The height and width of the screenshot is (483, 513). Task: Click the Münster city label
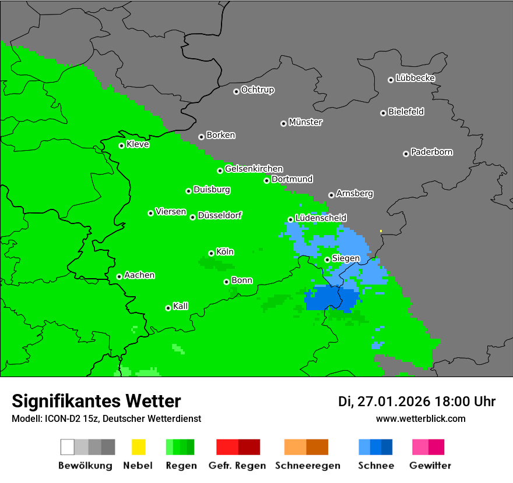[x=305, y=122]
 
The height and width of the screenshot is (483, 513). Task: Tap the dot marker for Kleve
[x=121, y=145]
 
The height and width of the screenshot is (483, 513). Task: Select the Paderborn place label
[x=431, y=152]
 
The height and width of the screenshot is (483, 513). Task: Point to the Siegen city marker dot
[x=327, y=260]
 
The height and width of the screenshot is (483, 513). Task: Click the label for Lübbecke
[x=415, y=78]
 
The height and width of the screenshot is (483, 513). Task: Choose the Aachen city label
[x=139, y=275]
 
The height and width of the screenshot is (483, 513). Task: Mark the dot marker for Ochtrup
[x=236, y=91]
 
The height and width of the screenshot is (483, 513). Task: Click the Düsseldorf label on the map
[x=220, y=215]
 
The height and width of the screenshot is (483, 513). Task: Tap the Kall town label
[x=181, y=306]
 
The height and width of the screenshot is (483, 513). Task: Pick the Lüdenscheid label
[x=321, y=218]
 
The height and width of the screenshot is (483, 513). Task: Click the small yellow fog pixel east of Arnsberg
[x=381, y=231]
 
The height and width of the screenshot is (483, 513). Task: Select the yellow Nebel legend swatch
[x=138, y=447]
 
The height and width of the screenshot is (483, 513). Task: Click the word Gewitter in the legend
[x=430, y=466]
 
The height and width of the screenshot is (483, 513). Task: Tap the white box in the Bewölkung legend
[x=68, y=447]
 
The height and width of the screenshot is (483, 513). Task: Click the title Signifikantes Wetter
[x=96, y=401]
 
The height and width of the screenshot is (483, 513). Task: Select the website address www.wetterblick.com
[x=420, y=418]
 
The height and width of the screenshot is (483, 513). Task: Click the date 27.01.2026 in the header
[x=392, y=402]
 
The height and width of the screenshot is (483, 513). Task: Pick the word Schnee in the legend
[x=375, y=466]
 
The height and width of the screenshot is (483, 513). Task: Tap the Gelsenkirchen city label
[x=254, y=169]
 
